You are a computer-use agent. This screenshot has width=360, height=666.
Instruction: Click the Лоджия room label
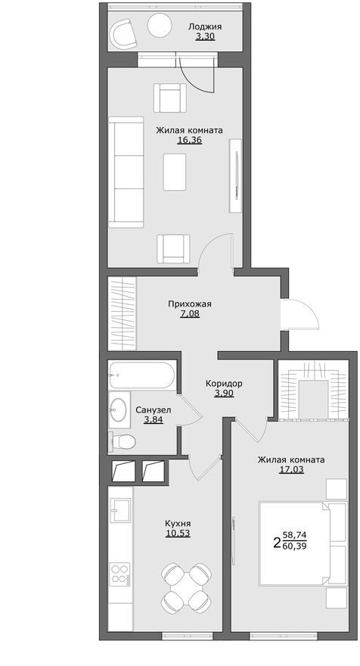[206, 26]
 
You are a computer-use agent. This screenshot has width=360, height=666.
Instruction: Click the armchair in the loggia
[123, 33]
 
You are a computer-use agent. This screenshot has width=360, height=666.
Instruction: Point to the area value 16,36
[189, 140]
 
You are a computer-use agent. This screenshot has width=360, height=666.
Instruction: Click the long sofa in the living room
[126, 172]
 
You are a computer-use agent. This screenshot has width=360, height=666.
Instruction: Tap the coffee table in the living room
[175, 172]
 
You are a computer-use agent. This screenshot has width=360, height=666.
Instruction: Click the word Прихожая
[190, 304]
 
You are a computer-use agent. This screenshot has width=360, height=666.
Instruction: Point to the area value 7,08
[190, 314]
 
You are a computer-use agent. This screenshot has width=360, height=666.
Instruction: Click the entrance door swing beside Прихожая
[297, 311]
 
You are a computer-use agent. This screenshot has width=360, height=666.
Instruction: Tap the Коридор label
[224, 383]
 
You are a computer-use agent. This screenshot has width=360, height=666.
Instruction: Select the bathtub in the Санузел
[142, 375]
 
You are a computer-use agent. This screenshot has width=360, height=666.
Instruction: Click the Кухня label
[178, 523]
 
